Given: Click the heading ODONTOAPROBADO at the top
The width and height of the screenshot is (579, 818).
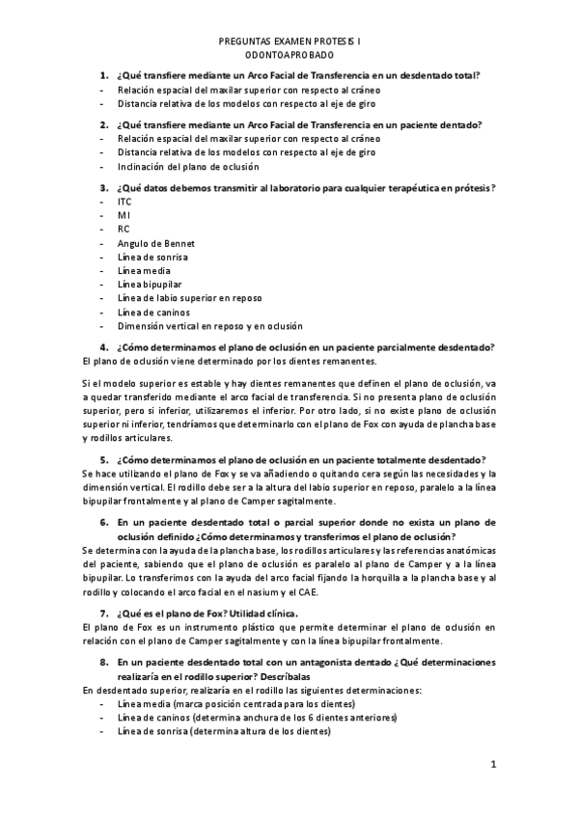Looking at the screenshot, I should pos(289,57).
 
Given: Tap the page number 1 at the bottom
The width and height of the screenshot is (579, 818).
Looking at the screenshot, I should pos(492,766).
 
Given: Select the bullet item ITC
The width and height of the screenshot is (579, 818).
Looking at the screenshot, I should pos(124,202).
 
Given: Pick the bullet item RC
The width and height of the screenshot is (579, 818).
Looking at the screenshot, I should pos(124,230).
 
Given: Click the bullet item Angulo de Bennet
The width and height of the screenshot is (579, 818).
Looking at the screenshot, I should pos(149,243).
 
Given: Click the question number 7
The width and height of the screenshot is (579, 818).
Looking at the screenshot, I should pos(103,613).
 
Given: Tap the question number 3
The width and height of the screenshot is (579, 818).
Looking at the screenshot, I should pos(103,187).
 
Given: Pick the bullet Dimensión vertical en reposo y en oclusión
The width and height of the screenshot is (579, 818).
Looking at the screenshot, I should pos(209,326).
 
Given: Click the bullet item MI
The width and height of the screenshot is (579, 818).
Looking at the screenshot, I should pos(124,215).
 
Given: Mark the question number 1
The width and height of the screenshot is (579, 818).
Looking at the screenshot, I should pos(103,76).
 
